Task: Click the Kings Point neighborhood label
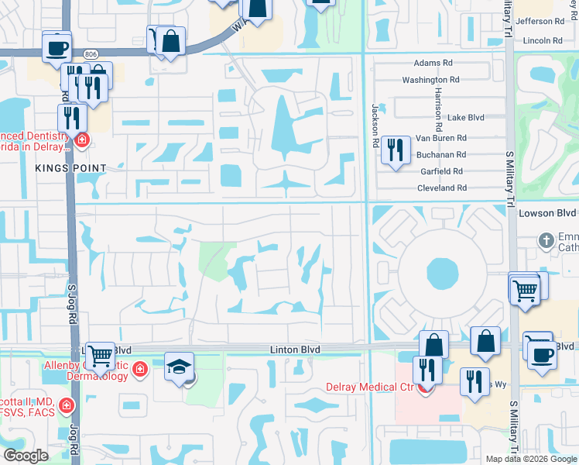(70, 167)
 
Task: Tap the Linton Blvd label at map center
(295, 350)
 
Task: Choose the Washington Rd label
(435, 80)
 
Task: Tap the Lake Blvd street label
(466, 117)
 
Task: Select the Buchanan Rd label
(440, 155)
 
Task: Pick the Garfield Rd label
(442, 171)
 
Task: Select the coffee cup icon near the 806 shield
(57, 48)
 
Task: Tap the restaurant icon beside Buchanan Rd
(396, 150)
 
